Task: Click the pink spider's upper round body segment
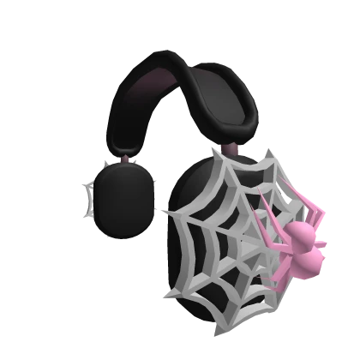pyautogui.click(x=301, y=232)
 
